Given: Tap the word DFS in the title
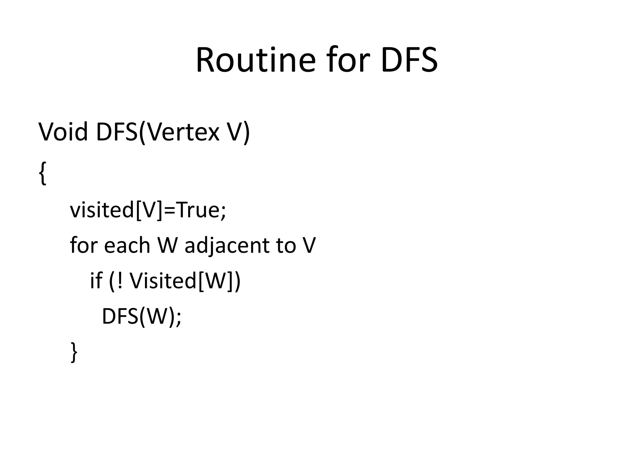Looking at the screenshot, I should pos(409,60).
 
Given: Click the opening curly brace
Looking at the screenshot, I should pos(43,173).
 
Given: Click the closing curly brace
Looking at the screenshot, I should pos(74,352).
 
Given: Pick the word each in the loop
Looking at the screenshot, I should pos(127,245).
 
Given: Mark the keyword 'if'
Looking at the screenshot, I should pos(96,280).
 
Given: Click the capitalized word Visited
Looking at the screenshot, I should pos(163,280).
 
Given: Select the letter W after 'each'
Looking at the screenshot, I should pos(168,245).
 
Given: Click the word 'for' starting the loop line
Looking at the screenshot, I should pos(84,245).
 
